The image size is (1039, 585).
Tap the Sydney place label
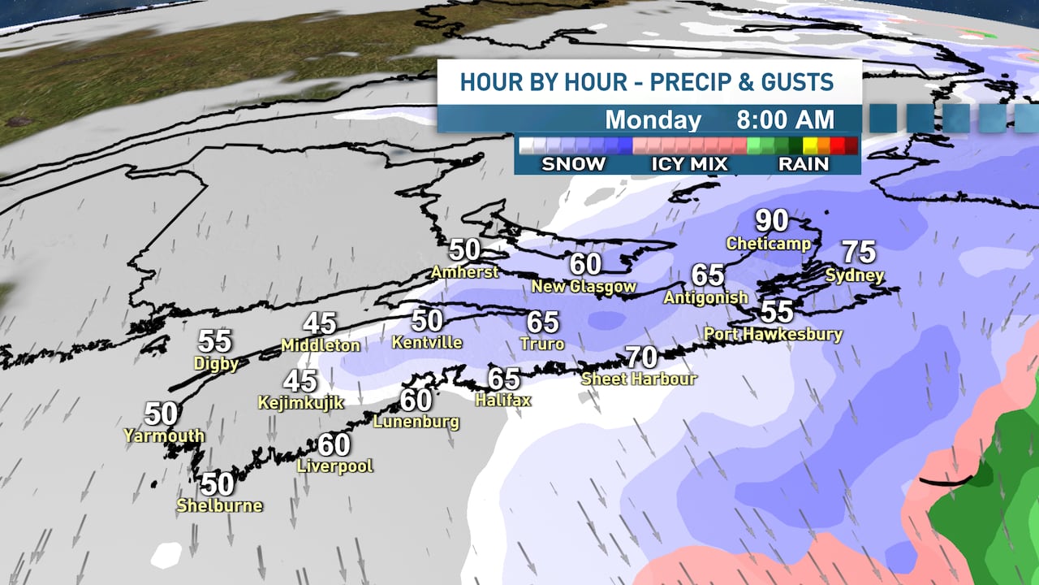click(x=854, y=275)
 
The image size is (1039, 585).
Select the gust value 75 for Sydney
click(x=858, y=253)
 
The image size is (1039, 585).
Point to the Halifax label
click(x=502, y=400)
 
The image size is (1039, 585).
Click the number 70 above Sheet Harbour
click(x=640, y=357)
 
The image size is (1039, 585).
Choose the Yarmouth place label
click(x=163, y=435)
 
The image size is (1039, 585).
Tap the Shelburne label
click(x=219, y=505)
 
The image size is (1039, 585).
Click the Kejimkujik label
click(x=300, y=402)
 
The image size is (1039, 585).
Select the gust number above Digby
click(x=214, y=341)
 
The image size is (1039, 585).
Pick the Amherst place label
click(x=464, y=271)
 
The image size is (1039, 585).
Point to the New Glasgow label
click(x=584, y=286)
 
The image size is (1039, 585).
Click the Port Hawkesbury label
click(x=773, y=334)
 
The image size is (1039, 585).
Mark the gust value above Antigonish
click(x=708, y=275)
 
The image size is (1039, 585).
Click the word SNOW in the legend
click(x=573, y=164)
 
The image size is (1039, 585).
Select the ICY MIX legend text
click(x=688, y=164)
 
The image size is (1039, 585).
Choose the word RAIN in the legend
click(x=803, y=164)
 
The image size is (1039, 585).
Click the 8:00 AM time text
click(x=785, y=120)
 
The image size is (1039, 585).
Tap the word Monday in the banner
click(x=653, y=120)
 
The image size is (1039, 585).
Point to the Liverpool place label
click(x=334, y=466)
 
